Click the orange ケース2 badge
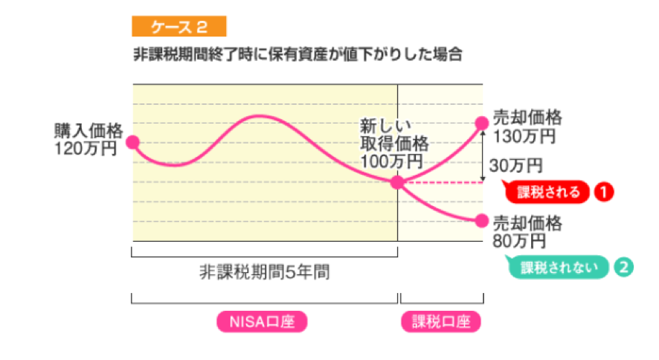point(179,28)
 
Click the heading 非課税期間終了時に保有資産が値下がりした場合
point(298,55)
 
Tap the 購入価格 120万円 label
point(88,138)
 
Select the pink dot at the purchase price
point(133,142)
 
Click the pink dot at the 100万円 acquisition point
point(398,182)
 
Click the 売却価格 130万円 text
point(527,126)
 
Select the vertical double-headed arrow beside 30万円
point(483,156)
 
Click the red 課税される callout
point(550,192)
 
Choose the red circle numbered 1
point(603,192)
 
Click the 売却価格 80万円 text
point(527,231)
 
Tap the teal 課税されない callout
point(559,266)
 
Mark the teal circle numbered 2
point(623,266)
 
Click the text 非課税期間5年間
point(264,271)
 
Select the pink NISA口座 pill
point(262,321)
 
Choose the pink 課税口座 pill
point(441,321)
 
